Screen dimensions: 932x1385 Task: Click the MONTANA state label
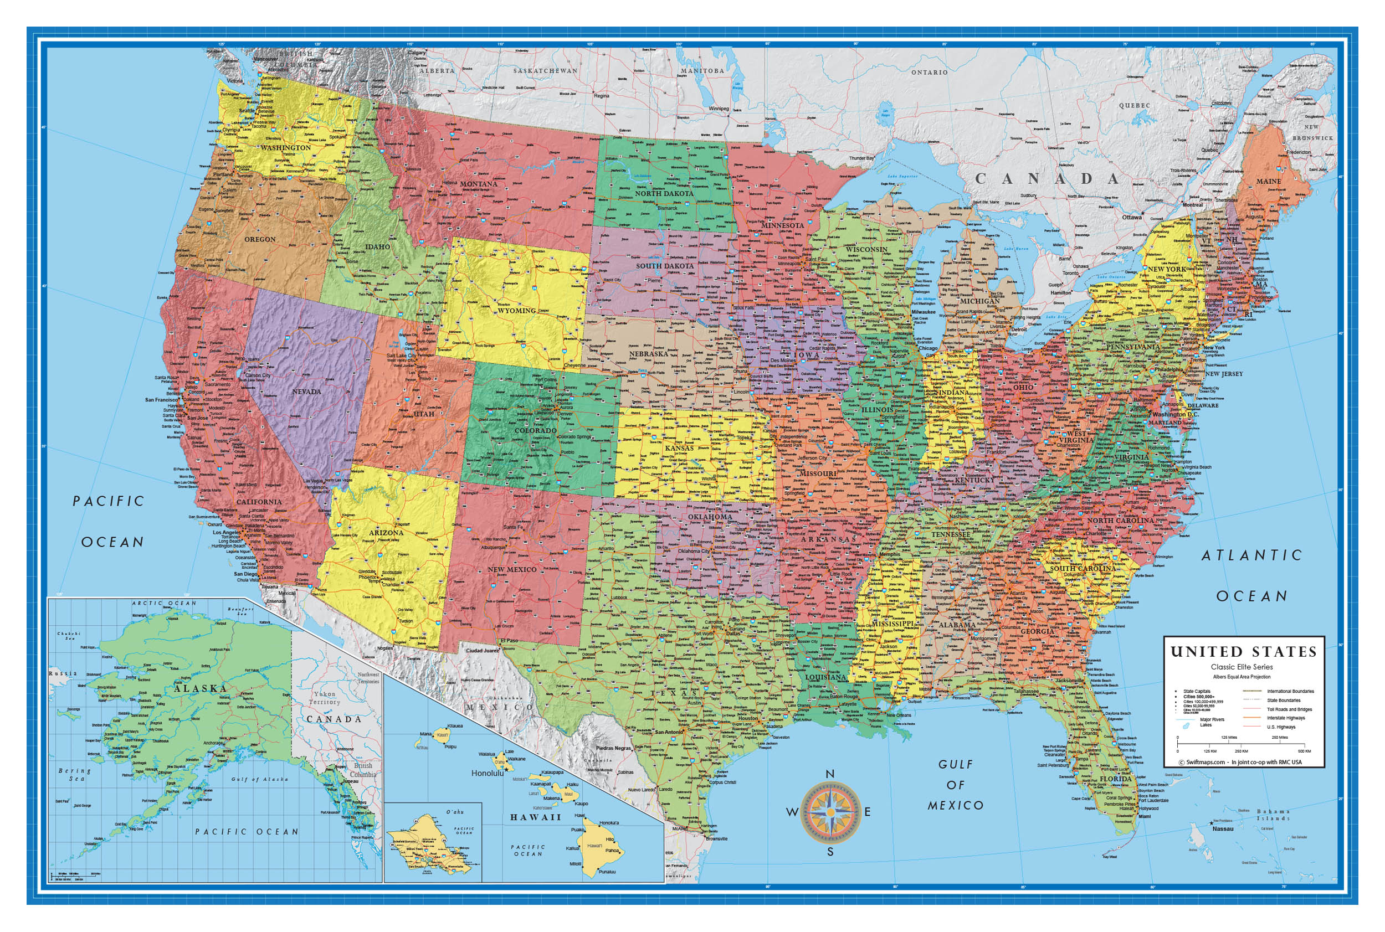[478, 184]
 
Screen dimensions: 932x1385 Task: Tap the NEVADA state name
[306, 392]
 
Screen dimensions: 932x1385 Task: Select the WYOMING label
[516, 310]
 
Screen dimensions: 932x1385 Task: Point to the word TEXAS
[674, 693]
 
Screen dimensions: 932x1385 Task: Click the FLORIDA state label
[1116, 779]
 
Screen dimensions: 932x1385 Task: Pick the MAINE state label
[1269, 181]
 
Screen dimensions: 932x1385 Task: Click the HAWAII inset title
[536, 817]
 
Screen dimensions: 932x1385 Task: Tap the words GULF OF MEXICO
[956, 785]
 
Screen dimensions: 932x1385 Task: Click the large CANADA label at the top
[1047, 179]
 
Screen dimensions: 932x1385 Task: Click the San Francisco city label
[161, 400]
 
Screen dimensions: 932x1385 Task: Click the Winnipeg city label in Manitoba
[719, 109]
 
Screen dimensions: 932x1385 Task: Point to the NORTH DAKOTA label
[664, 194]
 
